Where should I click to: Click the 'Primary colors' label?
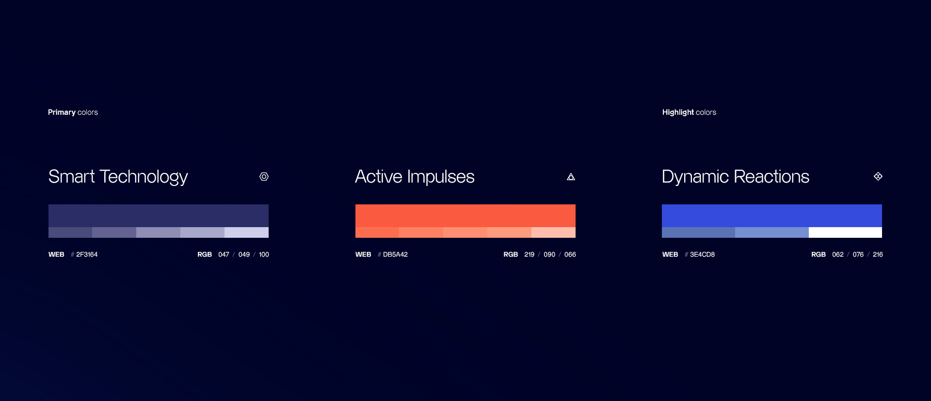(x=73, y=112)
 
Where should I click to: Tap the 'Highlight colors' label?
(x=689, y=112)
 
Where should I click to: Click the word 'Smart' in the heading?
(x=71, y=177)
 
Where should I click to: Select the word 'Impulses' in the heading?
(x=441, y=177)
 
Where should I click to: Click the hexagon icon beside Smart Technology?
(x=264, y=177)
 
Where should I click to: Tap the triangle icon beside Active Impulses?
(x=571, y=177)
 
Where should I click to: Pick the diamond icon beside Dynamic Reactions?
(x=878, y=176)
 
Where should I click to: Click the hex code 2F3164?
(x=87, y=254)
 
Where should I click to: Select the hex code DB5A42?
(x=395, y=254)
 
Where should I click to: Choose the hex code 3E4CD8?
(x=702, y=254)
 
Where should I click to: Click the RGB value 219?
(x=530, y=254)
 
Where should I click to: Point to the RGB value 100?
(x=264, y=254)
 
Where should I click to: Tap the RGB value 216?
(x=878, y=254)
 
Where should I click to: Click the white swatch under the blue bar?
(x=845, y=232)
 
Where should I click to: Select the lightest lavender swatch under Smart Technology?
(x=246, y=232)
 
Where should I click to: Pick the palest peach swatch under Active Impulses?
(x=553, y=232)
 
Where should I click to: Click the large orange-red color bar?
(x=465, y=216)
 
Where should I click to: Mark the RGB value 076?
(x=858, y=254)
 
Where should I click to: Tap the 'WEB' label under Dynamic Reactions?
(x=670, y=254)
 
